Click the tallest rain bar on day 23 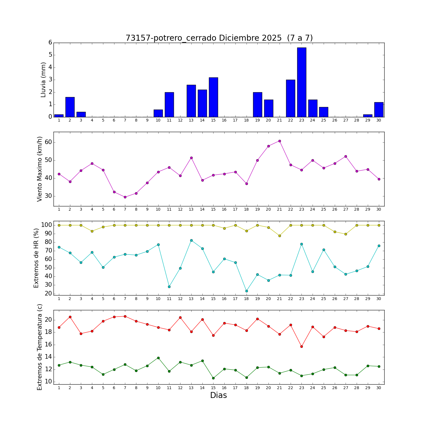coord(301,82)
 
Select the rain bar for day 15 coord(213,97)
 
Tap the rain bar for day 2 coord(70,107)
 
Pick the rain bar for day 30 coord(379,110)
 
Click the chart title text coord(219,38)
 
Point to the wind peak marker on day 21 coord(280,141)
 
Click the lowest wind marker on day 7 coord(125,197)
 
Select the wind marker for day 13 coord(191,158)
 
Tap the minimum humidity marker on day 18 coord(247,291)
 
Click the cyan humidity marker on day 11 coord(169,287)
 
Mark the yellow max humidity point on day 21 coord(280,236)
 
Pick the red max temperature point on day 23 coord(301,346)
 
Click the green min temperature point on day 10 coord(158,358)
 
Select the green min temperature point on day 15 coord(213,378)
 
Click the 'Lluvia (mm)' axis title coord(43,80)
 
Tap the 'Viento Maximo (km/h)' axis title coord(40,169)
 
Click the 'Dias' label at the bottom coord(218,395)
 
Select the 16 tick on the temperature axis coord(48,345)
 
